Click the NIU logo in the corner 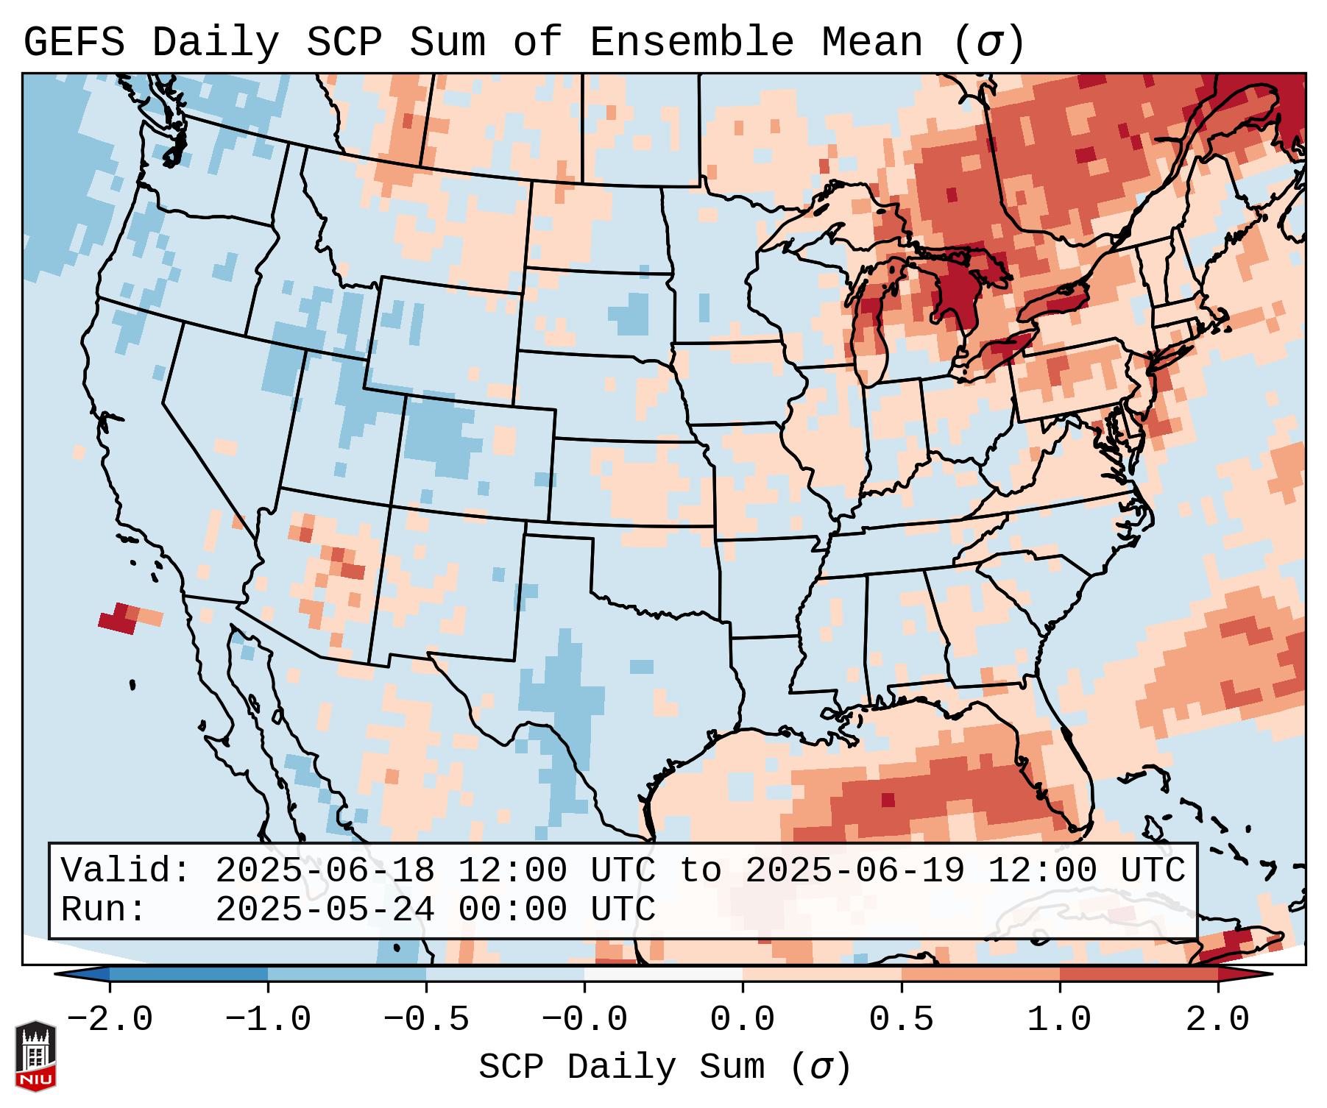35,1055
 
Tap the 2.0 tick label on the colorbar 1217,1020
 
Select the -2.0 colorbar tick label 110,1020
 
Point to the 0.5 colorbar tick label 901,1020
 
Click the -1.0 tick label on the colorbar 268,1020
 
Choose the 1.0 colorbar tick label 1059,1020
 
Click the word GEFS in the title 74,43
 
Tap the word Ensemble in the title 692,43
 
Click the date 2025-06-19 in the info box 854,871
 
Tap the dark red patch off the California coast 118,619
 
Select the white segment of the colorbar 663,974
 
